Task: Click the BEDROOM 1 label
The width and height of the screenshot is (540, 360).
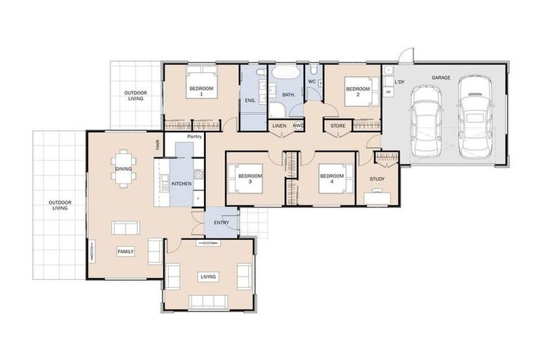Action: (201, 91)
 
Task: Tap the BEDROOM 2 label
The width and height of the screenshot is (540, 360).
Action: (357, 91)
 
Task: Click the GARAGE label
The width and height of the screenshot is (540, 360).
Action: (441, 78)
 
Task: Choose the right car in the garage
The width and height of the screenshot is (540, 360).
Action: (472, 116)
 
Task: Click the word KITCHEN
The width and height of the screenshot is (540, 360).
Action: (181, 184)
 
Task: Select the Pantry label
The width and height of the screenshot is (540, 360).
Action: (194, 136)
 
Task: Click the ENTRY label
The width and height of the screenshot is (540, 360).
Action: (221, 223)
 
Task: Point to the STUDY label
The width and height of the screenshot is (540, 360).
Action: (378, 179)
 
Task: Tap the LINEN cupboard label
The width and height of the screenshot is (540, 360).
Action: (279, 127)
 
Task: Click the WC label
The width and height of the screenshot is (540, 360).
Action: (311, 82)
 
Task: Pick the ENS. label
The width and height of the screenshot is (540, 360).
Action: (250, 101)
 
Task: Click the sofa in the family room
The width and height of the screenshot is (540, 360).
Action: (127, 228)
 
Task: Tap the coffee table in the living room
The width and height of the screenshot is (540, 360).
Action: (209, 276)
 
